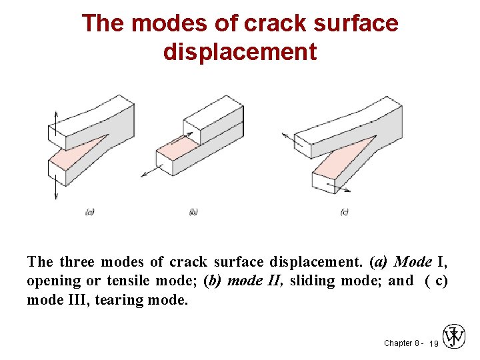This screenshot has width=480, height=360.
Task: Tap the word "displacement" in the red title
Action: pyautogui.click(x=240, y=51)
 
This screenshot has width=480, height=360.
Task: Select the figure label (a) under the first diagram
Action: pyautogui.click(x=90, y=212)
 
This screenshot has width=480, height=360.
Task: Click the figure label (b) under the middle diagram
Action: pyautogui.click(x=193, y=212)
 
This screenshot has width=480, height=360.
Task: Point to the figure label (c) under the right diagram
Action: pyautogui.click(x=344, y=212)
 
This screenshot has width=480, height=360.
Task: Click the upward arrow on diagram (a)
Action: pyautogui.click(x=55, y=120)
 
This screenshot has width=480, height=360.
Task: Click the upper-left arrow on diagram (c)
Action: pyautogui.click(x=288, y=138)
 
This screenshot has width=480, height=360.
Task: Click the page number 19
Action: pyautogui.click(x=433, y=343)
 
